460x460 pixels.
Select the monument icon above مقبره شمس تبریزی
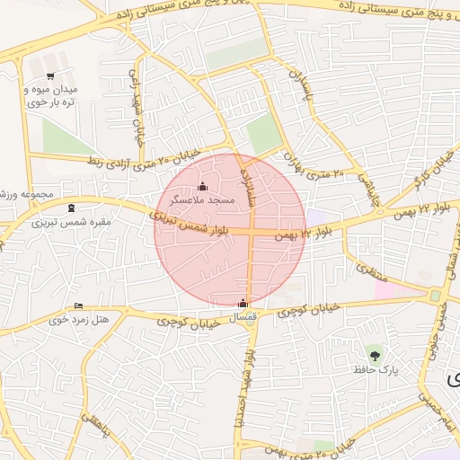(x=71, y=209)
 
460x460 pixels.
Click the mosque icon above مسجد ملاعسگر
(x=201, y=187)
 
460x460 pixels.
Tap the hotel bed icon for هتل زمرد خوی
(x=78, y=306)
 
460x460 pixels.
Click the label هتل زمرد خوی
(x=78, y=319)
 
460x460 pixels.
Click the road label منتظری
(x=369, y=268)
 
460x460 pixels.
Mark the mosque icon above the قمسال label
(x=242, y=303)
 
